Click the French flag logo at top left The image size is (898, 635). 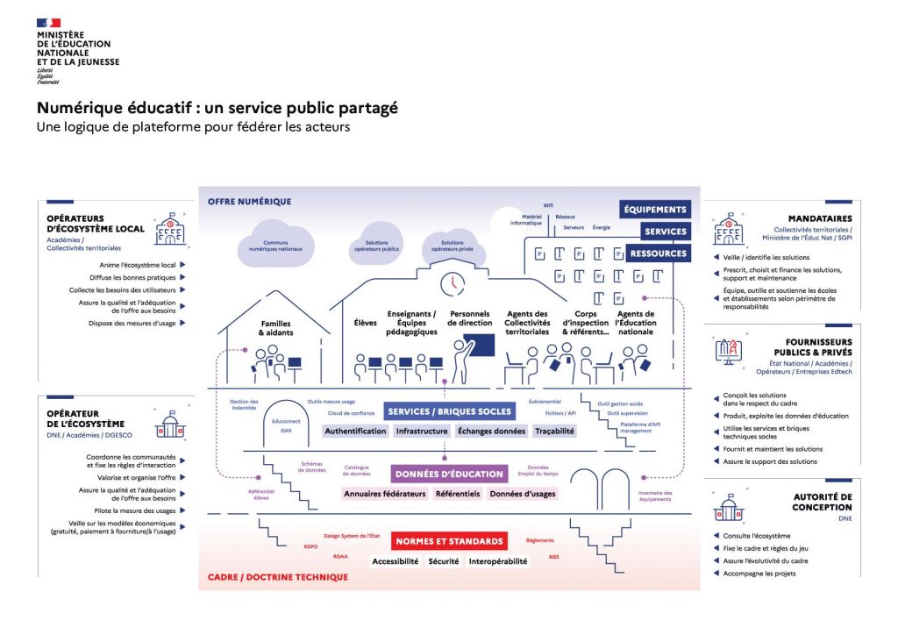tap(49, 23)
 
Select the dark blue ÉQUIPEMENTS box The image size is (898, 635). tap(655, 210)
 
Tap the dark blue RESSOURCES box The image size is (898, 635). tap(658, 253)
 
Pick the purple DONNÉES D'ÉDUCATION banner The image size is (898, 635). tap(449, 474)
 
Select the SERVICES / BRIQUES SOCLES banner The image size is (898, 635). tap(448, 411)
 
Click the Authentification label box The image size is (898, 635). tap(355, 432)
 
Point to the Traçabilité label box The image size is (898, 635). tap(554, 432)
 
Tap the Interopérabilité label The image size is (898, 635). tap(498, 561)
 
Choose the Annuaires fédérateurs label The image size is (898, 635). tap(384, 494)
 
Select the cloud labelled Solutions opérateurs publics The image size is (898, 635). tap(376, 245)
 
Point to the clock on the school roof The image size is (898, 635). tap(453, 283)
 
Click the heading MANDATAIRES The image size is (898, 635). tap(820, 219)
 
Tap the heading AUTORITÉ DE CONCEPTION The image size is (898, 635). tap(822, 502)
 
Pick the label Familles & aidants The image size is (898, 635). tap(276, 329)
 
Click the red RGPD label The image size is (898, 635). tap(310, 546)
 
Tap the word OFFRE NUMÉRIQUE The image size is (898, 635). tap(249, 202)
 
